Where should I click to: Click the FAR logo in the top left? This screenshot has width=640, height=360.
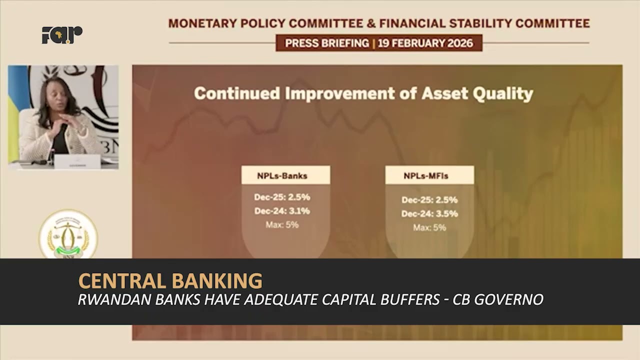62,34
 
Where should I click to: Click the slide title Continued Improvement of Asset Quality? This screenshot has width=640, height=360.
363,93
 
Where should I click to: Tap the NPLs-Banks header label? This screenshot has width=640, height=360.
282,175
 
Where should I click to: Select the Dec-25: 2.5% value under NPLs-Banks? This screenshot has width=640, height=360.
282,197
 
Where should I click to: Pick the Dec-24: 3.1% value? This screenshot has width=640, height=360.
282,211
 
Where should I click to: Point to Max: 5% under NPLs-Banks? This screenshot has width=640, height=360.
282,225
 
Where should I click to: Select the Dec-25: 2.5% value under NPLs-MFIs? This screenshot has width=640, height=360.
429,200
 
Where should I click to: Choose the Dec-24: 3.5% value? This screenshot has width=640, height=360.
429,214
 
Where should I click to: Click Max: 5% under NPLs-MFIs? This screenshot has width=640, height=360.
429,228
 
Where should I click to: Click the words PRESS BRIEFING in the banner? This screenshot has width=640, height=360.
327,43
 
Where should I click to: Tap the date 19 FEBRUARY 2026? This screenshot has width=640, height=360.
425,43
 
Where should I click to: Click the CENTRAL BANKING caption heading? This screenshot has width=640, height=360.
170,281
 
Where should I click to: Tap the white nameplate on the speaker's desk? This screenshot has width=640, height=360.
77,162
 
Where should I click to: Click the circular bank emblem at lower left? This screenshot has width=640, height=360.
68,235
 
